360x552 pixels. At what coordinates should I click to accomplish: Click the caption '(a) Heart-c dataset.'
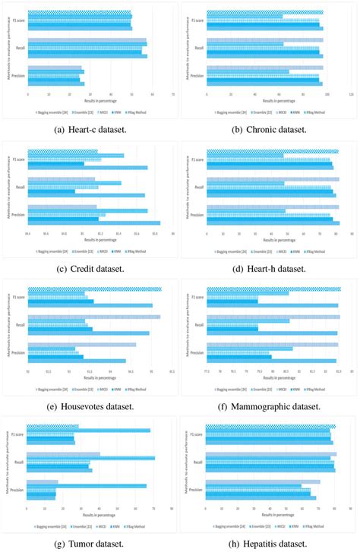click(x=90, y=130)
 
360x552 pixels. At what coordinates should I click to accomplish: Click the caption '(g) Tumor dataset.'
click(x=90, y=544)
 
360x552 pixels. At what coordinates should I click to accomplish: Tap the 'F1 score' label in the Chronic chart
click(x=198, y=21)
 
